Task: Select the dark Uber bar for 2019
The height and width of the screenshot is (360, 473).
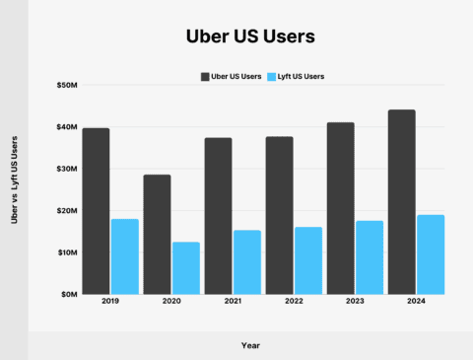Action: [x=97, y=211]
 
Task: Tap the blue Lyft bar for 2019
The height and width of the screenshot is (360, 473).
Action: [x=124, y=256]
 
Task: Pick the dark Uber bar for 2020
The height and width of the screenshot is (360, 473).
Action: [x=158, y=235]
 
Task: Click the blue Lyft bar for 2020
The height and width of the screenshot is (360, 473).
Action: [x=185, y=268]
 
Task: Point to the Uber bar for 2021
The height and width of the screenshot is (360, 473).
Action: [x=218, y=216]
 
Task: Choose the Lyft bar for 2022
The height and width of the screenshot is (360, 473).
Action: [x=307, y=260]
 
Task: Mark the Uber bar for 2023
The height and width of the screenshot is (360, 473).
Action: [x=341, y=208]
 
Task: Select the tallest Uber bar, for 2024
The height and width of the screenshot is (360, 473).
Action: [x=401, y=202]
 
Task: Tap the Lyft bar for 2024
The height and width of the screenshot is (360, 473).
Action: [x=430, y=254]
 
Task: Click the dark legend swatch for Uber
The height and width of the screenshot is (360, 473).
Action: [x=206, y=76]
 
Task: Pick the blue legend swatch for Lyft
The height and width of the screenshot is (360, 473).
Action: [x=272, y=76]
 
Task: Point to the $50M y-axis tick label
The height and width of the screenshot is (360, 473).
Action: [x=68, y=86]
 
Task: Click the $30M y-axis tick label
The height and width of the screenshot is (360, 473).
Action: [x=68, y=169]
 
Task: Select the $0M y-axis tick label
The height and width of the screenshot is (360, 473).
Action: [x=70, y=294]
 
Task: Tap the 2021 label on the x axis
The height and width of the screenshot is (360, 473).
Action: [x=233, y=304]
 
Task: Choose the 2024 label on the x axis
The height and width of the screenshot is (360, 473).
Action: [x=415, y=304]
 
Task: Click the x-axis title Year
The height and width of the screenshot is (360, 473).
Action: [x=250, y=345]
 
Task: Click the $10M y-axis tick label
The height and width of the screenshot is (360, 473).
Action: [x=68, y=252]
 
